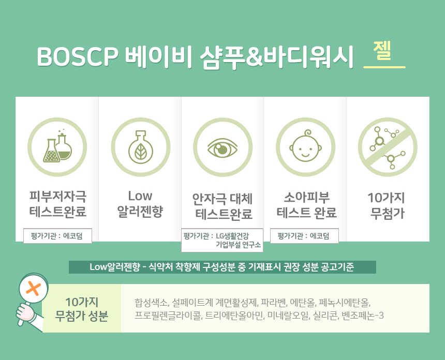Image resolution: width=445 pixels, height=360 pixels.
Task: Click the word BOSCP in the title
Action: (77, 56)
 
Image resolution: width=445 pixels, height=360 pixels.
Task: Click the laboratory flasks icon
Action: (57, 147)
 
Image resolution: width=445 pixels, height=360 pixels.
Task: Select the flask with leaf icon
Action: (140, 147)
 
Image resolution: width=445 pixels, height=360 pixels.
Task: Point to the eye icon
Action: (223, 147)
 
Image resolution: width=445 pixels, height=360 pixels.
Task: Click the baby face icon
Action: (306, 147)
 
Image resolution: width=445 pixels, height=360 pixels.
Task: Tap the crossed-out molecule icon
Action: (388, 147)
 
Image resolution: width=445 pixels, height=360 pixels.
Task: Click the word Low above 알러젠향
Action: (140, 196)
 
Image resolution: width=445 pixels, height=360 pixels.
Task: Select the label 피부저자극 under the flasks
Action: (58, 196)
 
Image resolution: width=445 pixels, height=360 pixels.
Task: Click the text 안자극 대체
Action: (222, 199)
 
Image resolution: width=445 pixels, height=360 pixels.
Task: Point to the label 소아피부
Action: (306, 198)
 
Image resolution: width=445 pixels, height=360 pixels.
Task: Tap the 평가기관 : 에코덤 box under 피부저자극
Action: (57, 236)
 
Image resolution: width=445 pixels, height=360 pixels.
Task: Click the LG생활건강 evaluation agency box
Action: (222, 240)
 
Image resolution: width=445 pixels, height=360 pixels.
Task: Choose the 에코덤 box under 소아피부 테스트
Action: (304, 236)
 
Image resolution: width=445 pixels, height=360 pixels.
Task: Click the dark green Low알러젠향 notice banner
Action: (222, 267)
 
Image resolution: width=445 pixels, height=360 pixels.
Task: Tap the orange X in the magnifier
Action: (34, 289)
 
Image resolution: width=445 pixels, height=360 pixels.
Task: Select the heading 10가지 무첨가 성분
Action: (82, 309)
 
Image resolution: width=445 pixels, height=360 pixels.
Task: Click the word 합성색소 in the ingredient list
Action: (152, 303)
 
